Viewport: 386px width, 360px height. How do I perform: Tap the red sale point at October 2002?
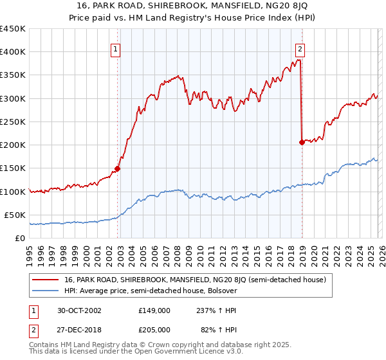[x=118, y=169]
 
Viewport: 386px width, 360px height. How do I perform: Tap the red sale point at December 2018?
[x=302, y=143]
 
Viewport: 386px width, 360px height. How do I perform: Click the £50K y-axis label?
[x=15, y=215]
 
